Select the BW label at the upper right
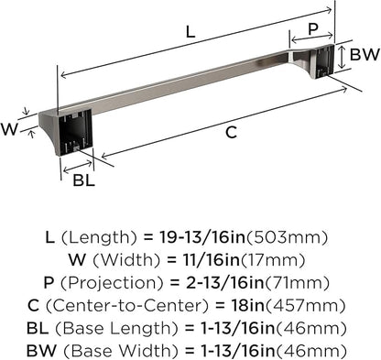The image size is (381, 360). (362, 55)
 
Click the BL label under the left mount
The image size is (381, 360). (83, 181)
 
